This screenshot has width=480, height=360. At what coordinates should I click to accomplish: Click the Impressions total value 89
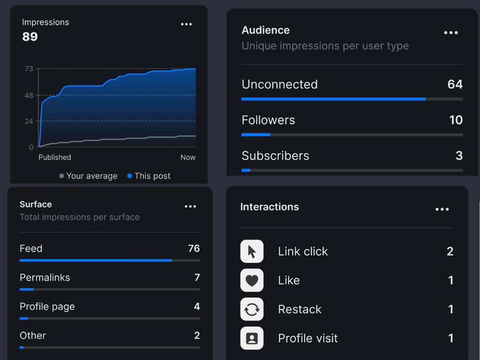pyautogui.click(x=30, y=37)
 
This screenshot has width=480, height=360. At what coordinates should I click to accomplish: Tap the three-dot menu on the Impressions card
pyautogui.click(x=187, y=24)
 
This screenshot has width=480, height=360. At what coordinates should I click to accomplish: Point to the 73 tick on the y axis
pyautogui.click(x=29, y=69)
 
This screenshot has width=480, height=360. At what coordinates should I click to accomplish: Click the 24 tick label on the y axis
pyautogui.click(x=29, y=121)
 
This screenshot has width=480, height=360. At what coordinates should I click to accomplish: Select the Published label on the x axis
pyautogui.click(x=55, y=157)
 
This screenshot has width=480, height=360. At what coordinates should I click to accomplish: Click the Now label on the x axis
pyautogui.click(x=188, y=157)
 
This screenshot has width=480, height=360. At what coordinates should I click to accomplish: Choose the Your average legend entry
pyautogui.click(x=88, y=176)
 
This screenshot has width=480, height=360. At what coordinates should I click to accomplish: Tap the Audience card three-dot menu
pyautogui.click(x=451, y=33)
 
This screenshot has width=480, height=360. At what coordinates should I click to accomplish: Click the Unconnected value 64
pyautogui.click(x=455, y=84)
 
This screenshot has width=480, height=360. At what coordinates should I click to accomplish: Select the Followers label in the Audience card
pyautogui.click(x=268, y=120)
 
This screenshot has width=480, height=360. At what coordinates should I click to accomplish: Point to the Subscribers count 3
pyautogui.click(x=459, y=156)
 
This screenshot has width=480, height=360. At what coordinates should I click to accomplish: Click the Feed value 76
pyautogui.click(x=194, y=248)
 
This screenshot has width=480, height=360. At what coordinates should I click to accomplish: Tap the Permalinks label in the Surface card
pyautogui.click(x=45, y=277)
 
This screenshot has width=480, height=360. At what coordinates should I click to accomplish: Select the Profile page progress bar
pyautogui.click(x=110, y=318)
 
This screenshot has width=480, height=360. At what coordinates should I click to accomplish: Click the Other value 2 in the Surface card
pyautogui.click(x=197, y=336)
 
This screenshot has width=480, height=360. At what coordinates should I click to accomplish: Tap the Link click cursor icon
pyautogui.click(x=252, y=251)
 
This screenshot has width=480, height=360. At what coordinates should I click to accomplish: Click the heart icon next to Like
pyautogui.click(x=252, y=280)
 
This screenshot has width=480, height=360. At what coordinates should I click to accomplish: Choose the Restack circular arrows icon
pyautogui.click(x=252, y=309)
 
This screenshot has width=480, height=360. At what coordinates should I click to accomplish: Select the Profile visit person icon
pyautogui.click(x=252, y=338)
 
